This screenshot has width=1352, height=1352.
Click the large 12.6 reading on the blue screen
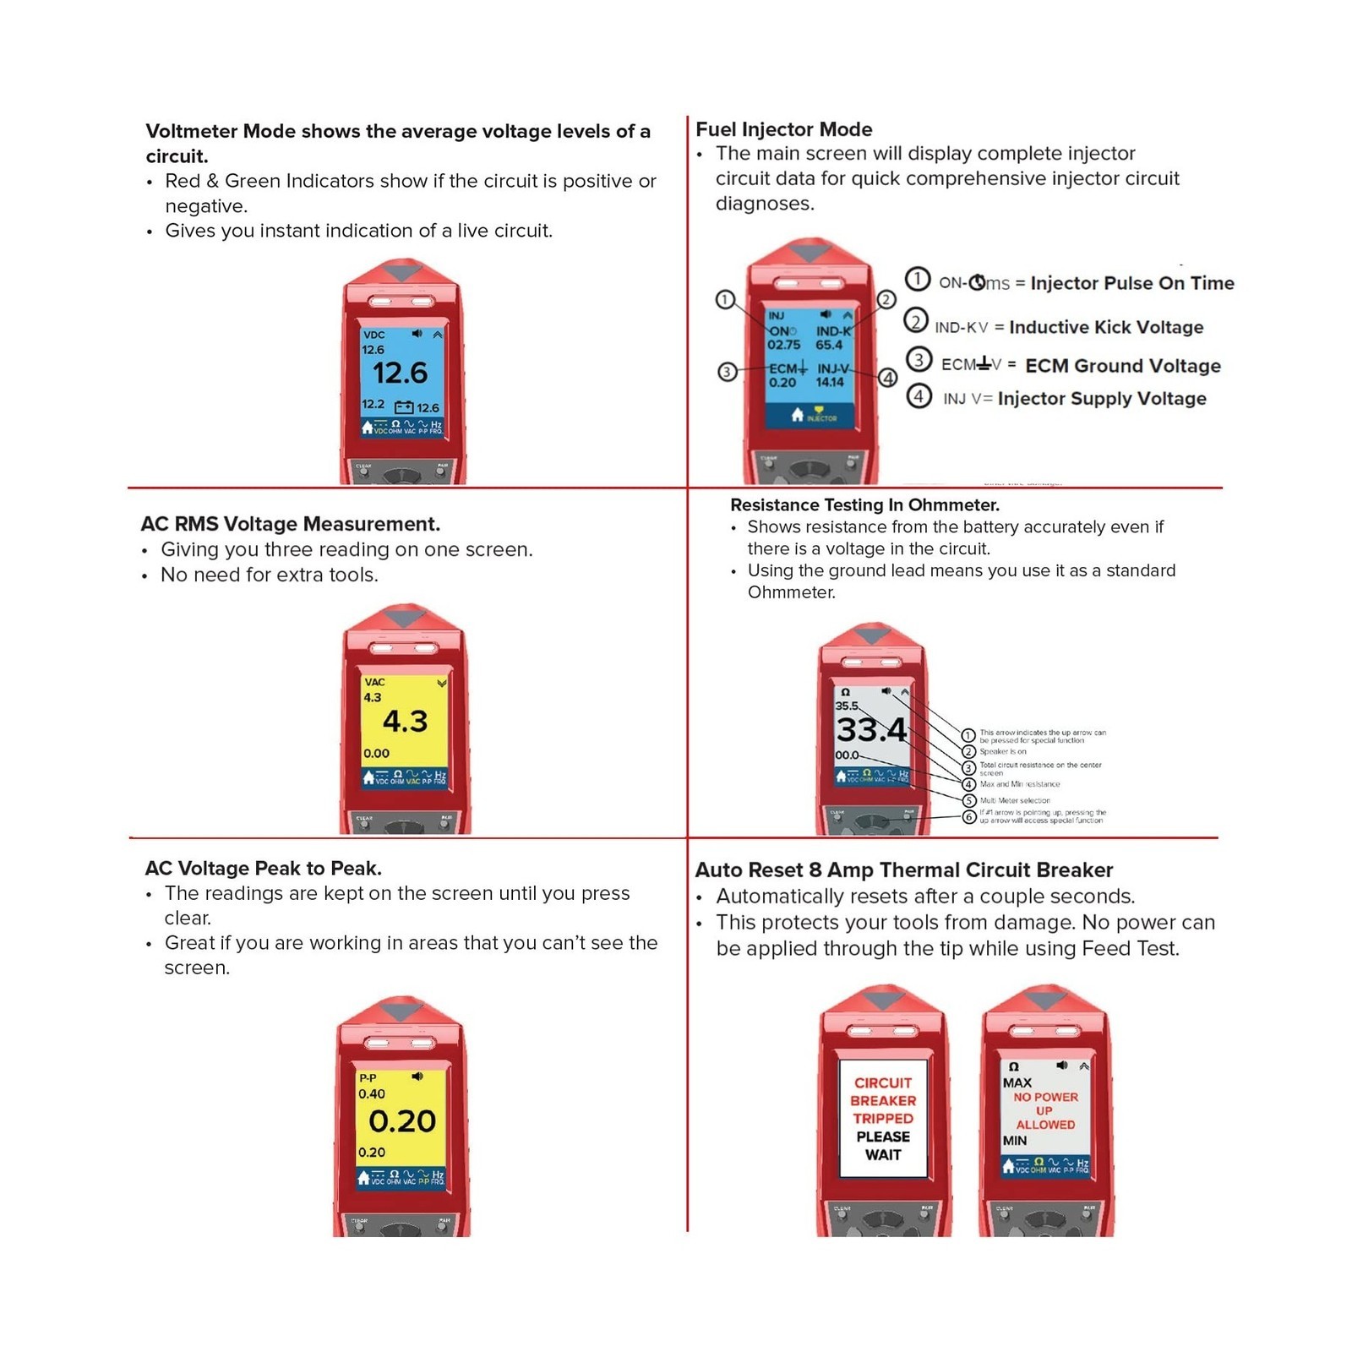pos(401,373)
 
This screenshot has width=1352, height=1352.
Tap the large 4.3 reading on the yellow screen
pos(406,721)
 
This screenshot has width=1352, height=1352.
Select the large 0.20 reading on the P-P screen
pos(402,1121)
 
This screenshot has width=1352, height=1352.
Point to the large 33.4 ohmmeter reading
pos(871,729)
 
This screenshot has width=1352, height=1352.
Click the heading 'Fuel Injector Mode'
pos(783,129)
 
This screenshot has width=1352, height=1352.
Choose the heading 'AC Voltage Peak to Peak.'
pos(264,868)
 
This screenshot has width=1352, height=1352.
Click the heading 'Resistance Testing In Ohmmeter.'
pos(864,504)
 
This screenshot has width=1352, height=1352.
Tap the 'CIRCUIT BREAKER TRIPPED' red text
pos(883,1100)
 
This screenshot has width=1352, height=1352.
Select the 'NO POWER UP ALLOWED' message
pos(1045,1110)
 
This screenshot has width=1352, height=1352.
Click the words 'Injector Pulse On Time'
pos(1132,283)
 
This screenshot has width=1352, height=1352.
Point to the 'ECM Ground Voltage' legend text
pos(1122,366)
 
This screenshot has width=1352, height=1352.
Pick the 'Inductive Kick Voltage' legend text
pos(1106,327)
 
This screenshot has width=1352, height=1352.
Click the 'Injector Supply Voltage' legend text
pos(1102,399)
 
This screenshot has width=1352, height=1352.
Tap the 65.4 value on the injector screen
pos(829,345)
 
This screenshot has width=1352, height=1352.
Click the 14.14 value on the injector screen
pos(830,382)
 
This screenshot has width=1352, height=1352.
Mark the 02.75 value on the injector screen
pos(783,345)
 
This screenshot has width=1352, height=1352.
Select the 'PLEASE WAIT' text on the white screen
pos(883,1146)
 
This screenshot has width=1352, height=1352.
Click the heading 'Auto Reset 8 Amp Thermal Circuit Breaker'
pos(903,870)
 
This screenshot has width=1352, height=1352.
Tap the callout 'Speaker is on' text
pos(1003,751)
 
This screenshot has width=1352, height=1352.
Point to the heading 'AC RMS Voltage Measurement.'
pos(290,524)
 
